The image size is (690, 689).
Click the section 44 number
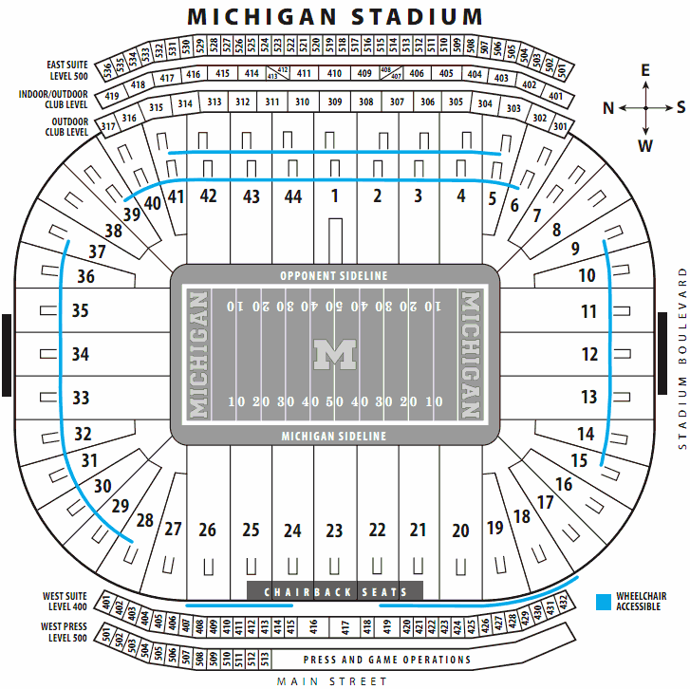point(293,196)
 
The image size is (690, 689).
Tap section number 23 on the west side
point(334,531)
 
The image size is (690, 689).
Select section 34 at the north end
point(81,354)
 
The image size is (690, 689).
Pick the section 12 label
point(590,354)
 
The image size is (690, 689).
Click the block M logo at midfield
point(334,355)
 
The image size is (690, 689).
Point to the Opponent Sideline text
point(334,275)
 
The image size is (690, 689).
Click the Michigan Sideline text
point(334,436)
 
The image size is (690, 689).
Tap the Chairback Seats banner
point(334,592)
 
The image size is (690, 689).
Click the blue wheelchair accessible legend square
point(603,602)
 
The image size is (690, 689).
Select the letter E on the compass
point(645,70)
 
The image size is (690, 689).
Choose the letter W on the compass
point(645,145)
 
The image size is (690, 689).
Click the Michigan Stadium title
point(334,16)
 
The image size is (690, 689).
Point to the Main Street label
point(332,680)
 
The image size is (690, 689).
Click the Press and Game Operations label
point(386,660)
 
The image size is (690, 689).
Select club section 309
point(334,102)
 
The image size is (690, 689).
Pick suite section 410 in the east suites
point(334,73)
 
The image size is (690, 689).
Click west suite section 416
point(314,626)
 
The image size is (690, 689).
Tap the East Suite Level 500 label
point(67,70)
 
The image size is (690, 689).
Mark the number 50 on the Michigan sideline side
point(334,401)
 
